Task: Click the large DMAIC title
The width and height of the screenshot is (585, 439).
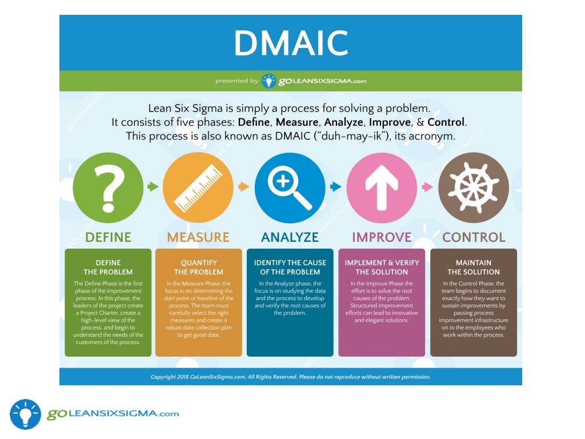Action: (x=291, y=43)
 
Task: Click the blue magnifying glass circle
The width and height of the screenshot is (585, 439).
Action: (x=290, y=187)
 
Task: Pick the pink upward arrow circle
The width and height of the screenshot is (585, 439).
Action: (x=382, y=187)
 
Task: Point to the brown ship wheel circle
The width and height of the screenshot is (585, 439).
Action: (x=473, y=187)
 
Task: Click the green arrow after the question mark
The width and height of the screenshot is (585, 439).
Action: (x=153, y=186)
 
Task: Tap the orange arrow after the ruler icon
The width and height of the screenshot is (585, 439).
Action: (x=244, y=186)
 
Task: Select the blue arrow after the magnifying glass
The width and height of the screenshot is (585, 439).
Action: (x=336, y=186)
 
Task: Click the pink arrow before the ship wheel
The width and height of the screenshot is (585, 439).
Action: (x=427, y=186)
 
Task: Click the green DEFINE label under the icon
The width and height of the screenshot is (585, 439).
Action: (x=108, y=237)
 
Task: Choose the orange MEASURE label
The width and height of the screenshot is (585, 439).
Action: (x=198, y=237)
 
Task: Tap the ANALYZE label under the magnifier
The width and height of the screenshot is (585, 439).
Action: (x=290, y=237)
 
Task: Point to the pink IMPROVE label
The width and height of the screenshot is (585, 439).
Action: (x=382, y=237)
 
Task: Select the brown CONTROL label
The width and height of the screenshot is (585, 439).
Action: (x=474, y=237)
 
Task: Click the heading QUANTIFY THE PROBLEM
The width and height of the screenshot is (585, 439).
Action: (x=198, y=268)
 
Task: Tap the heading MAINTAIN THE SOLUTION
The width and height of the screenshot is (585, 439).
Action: (x=474, y=268)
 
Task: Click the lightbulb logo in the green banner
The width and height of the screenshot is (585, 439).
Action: (x=269, y=81)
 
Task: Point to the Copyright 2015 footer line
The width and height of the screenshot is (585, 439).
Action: (x=290, y=377)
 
